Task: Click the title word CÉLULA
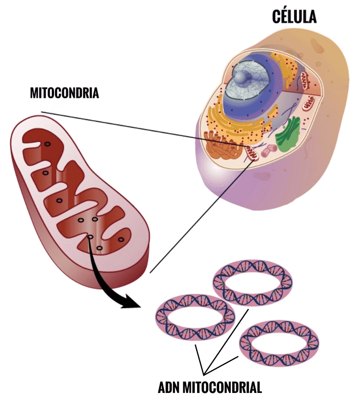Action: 294,17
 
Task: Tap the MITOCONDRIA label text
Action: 64,93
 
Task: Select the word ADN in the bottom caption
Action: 171,387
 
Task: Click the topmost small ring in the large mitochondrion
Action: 47,144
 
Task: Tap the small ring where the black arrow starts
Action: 90,237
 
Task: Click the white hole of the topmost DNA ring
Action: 252,284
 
